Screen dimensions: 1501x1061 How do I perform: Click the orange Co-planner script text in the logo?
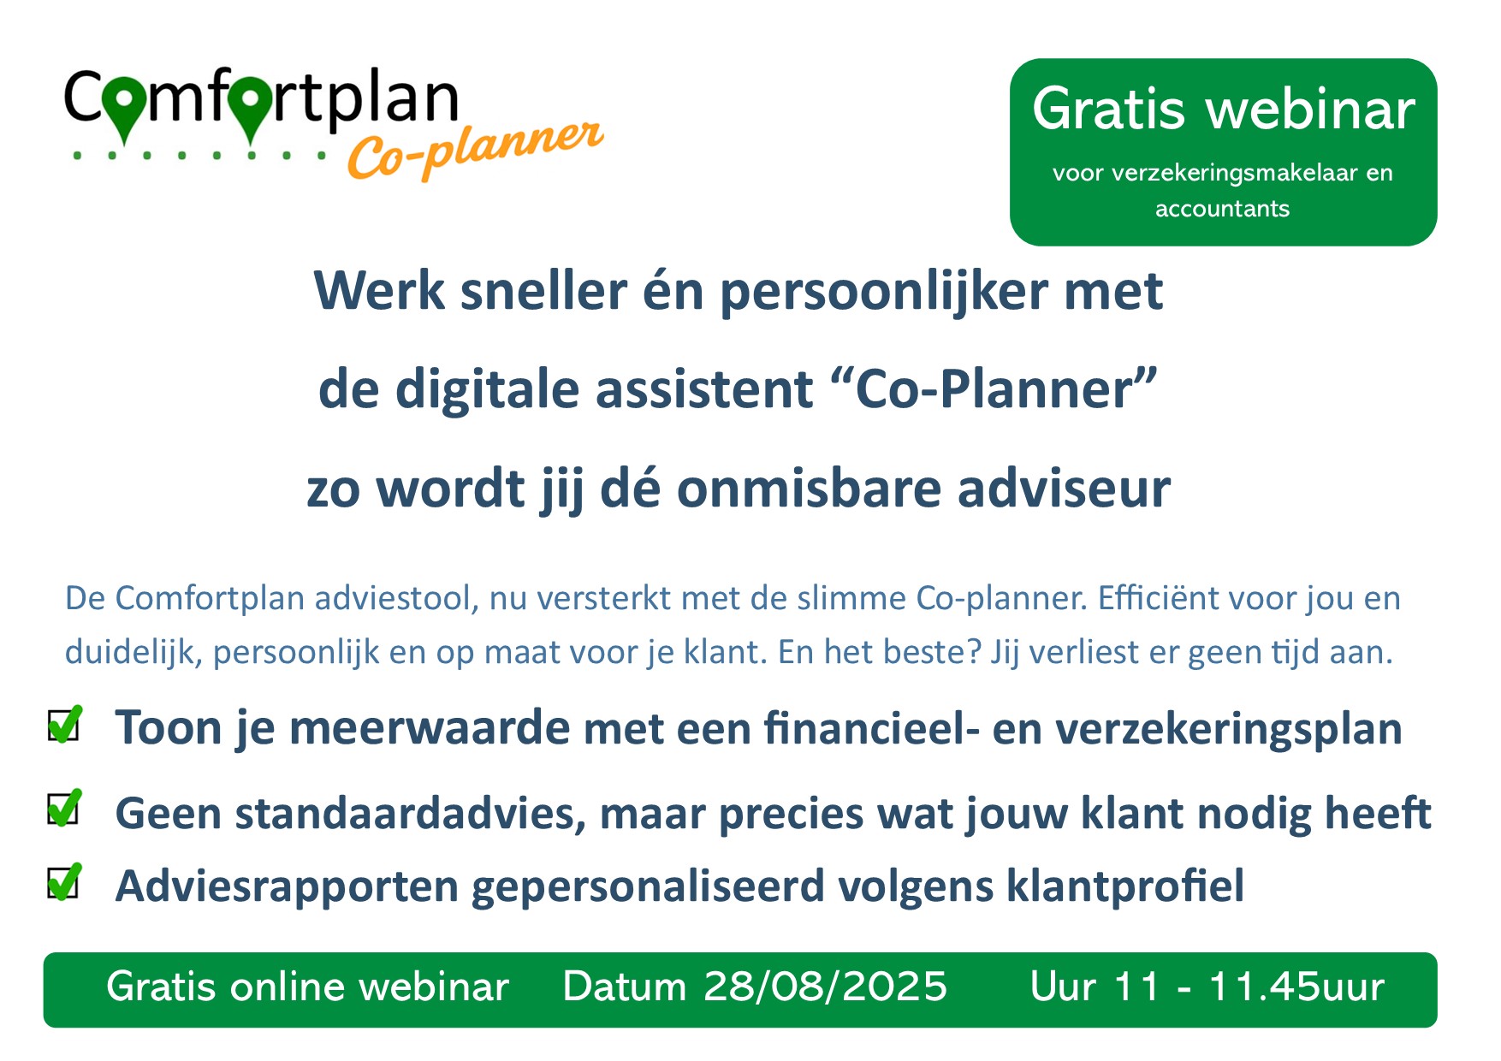pos(476,150)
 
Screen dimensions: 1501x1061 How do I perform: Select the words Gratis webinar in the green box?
pos(1223,110)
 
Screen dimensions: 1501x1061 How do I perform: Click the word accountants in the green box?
pos(1222,209)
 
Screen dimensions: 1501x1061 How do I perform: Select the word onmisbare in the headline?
pos(810,489)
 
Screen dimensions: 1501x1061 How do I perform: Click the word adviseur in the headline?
pos(1064,489)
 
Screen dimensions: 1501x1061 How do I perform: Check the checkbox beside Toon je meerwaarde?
pos(64,725)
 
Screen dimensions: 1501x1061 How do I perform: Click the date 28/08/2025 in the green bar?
pos(826,987)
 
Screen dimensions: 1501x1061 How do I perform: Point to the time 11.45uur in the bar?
pos(1296,987)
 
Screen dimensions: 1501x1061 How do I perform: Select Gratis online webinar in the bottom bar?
pos(307,987)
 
